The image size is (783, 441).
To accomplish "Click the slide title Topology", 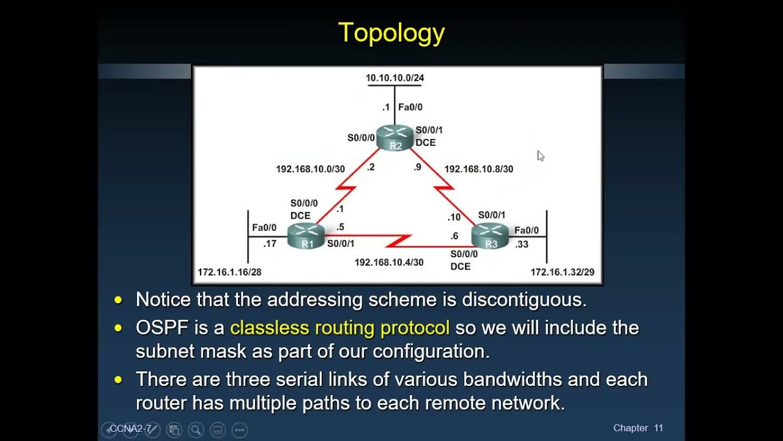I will pyautogui.click(x=391, y=33).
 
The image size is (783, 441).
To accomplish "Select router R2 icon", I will pyautogui.click(x=395, y=138).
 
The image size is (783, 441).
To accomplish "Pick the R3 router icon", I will pyautogui.click(x=491, y=236).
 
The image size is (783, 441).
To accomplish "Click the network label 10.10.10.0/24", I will pyautogui.click(x=395, y=78).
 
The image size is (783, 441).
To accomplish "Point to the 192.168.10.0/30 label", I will pyautogui.click(x=310, y=168).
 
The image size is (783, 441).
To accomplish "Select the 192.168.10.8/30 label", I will pyautogui.click(x=478, y=168).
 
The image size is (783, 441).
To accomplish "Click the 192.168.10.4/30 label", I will pyautogui.click(x=388, y=262).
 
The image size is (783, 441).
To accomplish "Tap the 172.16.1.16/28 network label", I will pyautogui.click(x=229, y=272).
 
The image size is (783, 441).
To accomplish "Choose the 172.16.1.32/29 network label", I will pyautogui.click(x=562, y=272).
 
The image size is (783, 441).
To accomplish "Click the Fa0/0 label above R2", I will pyautogui.click(x=410, y=107).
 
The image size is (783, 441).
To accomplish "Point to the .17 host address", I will pyautogui.click(x=270, y=244).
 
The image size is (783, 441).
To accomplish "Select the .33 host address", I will pyautogui.click(x=522, y=244).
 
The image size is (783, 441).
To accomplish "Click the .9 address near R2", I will pyautogui.click(x=418, y=167).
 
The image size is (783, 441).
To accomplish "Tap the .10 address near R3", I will pyautogui.click(x=454, y=217).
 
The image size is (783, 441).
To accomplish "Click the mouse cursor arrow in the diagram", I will pyautogui.click(x=540, y=156).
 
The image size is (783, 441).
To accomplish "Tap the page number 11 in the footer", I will pyautogui.click(x=658, y=428).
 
